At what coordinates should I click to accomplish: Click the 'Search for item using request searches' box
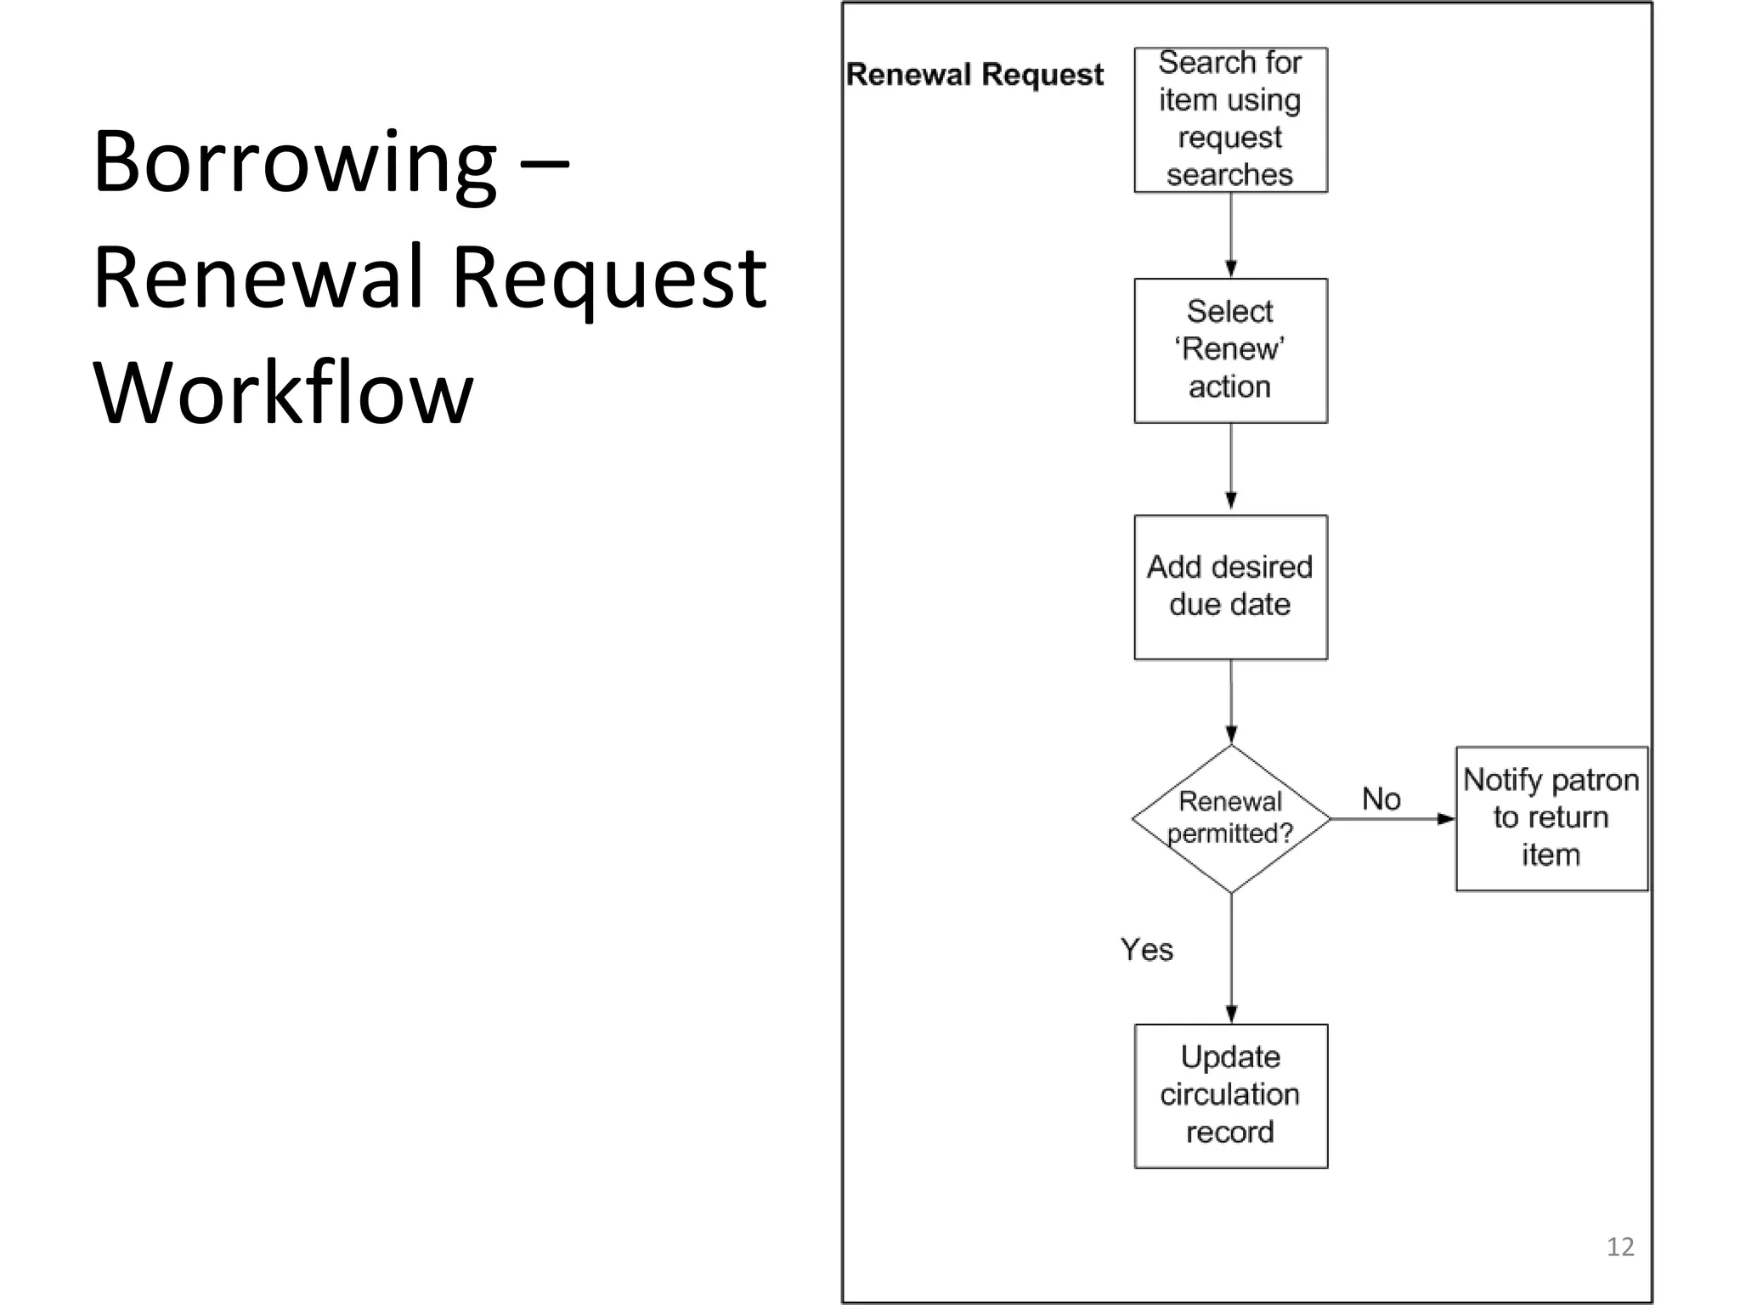pos(1230,120)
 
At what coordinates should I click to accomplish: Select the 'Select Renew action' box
pos(1230,350)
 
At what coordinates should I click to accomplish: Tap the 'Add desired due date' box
pos(1230,586)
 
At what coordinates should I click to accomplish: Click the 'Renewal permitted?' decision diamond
pos(1230,818)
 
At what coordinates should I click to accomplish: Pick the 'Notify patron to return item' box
pos(1551,818)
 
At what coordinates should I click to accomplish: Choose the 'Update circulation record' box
pos(1230,1095)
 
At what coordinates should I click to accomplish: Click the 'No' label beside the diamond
pos(1381,799)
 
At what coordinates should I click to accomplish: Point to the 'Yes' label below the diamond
pos(1146,949)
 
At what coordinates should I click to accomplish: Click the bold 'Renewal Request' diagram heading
pos(975,75)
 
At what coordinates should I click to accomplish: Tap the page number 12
pos(1620,1246)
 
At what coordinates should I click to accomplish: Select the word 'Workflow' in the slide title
pos(282,393)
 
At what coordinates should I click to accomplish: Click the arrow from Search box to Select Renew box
pos(1231,234)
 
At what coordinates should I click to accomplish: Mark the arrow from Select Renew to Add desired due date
pos(1231,467)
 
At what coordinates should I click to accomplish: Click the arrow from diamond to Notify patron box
pos(1392,819)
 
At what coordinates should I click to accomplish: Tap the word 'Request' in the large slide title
pos(609,279)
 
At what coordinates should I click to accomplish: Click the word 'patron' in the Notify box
pos(1595,780)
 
